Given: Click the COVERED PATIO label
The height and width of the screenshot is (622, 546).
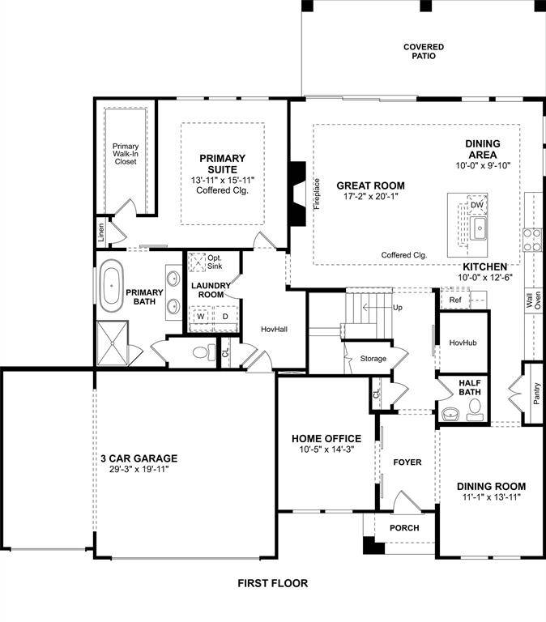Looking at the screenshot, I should coord(424,52).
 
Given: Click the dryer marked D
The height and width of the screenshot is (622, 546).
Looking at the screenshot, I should coord(225,316).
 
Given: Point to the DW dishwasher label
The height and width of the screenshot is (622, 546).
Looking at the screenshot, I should coord(477,205).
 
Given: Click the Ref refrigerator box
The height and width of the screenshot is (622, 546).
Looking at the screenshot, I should coord(454,300).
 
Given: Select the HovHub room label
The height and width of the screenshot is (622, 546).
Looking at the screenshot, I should coord(463,343).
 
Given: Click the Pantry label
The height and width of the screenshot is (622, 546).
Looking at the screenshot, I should coord(536,393).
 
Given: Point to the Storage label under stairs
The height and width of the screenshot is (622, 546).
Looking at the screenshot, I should coord(373,358).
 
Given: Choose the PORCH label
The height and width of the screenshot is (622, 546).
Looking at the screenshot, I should coord(404,528).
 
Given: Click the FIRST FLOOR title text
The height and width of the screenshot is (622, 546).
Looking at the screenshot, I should coord(272,583).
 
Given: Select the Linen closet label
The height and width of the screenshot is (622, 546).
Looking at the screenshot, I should coord(101,233).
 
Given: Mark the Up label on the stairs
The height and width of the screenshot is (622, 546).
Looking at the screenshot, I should coord(397,308).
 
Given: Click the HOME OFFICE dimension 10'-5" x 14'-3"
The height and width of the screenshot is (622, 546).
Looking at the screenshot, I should coord(326,450).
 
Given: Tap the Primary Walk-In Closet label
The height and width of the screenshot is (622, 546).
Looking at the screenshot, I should coord(125,154).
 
